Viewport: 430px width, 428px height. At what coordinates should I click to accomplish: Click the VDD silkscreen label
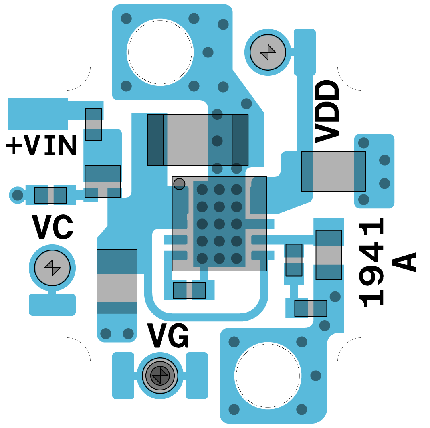point(327,112)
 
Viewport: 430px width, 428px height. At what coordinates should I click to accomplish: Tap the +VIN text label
point(41,146)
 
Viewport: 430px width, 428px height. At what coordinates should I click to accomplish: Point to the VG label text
point(168,336)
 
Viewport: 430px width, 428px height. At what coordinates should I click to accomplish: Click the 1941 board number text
point(373,262)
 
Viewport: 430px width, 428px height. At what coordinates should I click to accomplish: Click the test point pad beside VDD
point(268,52)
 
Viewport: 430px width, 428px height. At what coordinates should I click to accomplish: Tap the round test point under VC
point(52,268)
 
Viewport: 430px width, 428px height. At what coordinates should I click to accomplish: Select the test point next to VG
point(160,375)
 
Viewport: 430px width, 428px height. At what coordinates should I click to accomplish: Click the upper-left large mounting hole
point(160,52)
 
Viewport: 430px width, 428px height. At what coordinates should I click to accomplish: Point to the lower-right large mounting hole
point(268,375)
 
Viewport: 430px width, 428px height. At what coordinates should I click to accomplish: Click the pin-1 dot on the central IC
point(179,184)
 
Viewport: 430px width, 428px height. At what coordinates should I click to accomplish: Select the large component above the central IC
point(198,140)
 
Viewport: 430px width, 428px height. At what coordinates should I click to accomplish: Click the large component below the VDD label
point(333,171)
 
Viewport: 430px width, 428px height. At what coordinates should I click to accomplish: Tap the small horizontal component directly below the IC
point(189,290)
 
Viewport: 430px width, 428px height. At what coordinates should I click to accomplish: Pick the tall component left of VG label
point(117,281)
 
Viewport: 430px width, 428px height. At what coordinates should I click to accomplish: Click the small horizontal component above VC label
point(51,195)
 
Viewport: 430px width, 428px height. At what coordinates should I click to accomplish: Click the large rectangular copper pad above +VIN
point(38,114)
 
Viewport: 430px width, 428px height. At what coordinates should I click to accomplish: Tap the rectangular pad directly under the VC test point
point(52,305)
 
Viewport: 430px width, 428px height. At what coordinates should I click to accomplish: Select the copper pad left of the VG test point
point(123,375)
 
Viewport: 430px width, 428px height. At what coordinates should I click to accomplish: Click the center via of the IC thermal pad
point(219,224)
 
